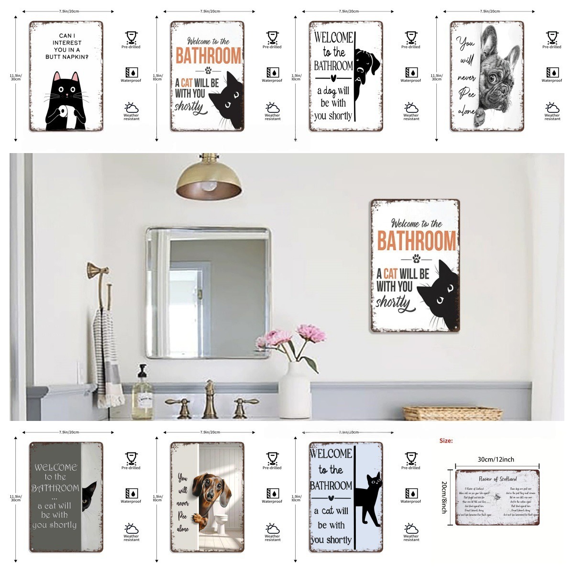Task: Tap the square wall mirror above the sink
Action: click(208, 292)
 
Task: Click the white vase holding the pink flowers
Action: click(294, 390)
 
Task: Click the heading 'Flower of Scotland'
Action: click(497, 479)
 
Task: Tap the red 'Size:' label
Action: click(446, 441)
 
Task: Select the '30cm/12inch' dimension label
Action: click(496, 459)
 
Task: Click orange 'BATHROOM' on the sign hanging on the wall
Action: click(417, 240)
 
